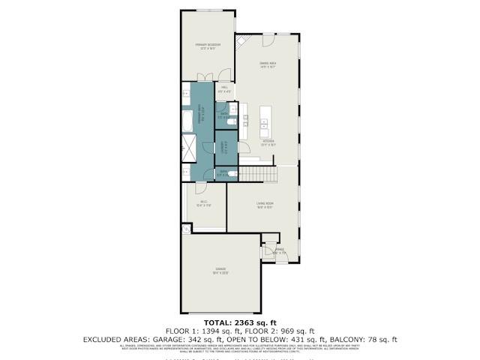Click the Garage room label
coord(220,269)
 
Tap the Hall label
coord(224,89)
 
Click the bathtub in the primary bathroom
coord(187,121)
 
